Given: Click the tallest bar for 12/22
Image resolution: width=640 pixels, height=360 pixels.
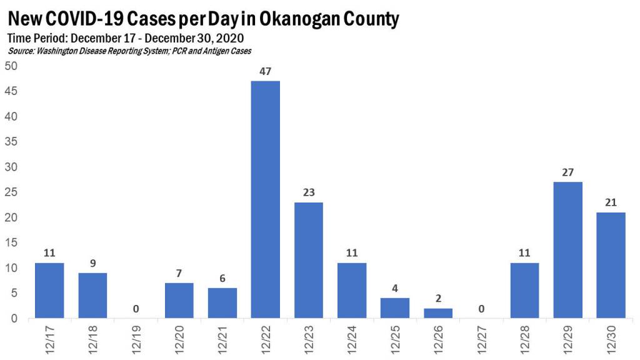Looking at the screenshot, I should (x=265, y=200).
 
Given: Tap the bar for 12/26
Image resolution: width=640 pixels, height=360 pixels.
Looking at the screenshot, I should (x=438, y=313).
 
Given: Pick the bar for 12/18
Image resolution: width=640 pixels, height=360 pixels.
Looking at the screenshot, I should (x=92, y=296).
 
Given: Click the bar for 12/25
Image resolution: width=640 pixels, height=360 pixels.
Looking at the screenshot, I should (x=395, y=308).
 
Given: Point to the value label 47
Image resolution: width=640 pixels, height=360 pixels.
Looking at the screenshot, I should (x=265, y=71).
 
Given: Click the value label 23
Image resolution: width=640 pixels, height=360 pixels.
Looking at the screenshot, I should (x=309, y=193).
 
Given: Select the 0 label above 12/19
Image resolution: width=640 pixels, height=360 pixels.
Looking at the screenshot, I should (x=136, y=309).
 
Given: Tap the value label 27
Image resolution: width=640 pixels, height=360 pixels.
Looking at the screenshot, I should (x=567, y=172).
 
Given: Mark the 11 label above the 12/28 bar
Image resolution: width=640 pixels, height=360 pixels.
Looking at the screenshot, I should (x=524, y=254).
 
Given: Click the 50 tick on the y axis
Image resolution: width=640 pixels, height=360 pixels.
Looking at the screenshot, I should (x=12, y=66).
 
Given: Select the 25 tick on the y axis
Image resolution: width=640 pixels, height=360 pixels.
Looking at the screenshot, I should (x=12, y=192).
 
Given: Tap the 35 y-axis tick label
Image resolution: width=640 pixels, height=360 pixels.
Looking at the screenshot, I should (x=12, y=142).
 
